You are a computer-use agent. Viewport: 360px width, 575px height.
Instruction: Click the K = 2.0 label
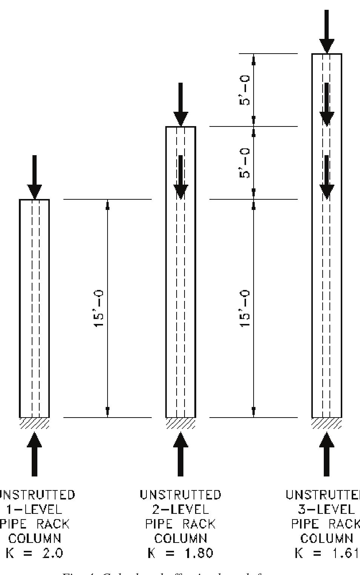[35, 553]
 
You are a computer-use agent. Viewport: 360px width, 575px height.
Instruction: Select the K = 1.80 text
[180, 553]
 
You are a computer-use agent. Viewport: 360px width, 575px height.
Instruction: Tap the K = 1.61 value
[326, 553]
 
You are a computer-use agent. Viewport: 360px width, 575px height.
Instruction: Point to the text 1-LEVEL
[35, 510]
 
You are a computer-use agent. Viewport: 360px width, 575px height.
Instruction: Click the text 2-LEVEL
[180, 510]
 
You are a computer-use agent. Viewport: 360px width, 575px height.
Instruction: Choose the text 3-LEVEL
[326, 510]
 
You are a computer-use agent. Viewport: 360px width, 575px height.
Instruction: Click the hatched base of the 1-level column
[34, 423]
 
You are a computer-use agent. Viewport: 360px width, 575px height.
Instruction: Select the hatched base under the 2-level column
[180, 423]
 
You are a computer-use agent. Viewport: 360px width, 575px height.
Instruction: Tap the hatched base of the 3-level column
[326, 423]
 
